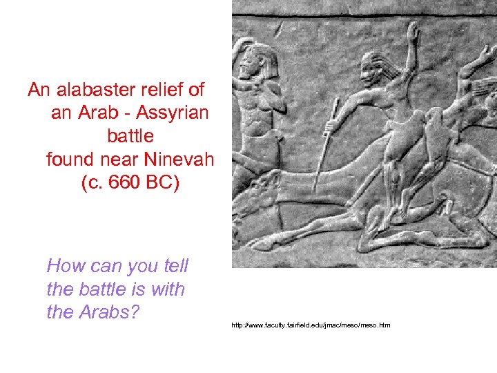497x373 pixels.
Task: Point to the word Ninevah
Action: (x=179, y=160)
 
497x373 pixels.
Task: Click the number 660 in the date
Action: (x=121, y=184)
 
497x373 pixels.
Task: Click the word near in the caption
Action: (x=120, y=160)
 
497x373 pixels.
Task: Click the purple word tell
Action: (x=174, y=266)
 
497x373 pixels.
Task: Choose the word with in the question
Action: (x=168, y=289)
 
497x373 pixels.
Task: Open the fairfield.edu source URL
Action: (x=311, y=325)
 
